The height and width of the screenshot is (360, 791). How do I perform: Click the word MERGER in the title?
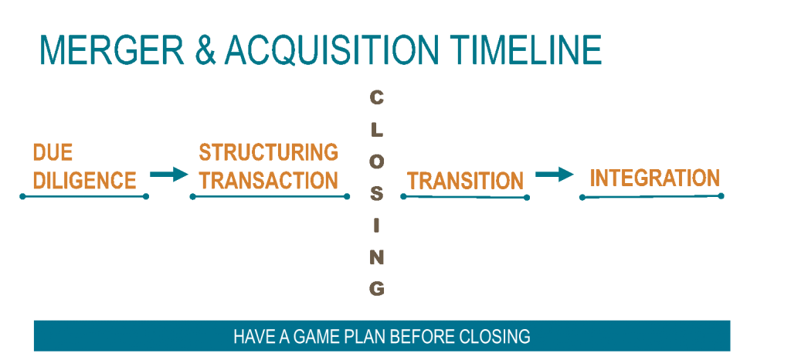pos(112,49)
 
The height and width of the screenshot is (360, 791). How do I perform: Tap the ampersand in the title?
pos(205,50)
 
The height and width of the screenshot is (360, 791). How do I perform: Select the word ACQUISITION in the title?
pos(332,50)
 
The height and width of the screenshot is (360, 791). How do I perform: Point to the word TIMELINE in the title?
pos(525,49)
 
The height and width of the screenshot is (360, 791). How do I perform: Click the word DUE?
pos(53,152)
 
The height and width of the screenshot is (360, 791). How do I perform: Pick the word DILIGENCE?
pos(85,180)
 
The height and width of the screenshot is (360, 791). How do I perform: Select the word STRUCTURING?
pos(268,151)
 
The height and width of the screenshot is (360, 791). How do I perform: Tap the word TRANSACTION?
pos(268,180)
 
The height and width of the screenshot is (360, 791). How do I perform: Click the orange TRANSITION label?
pos(465,181)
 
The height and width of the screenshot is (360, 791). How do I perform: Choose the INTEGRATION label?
pos(655,178)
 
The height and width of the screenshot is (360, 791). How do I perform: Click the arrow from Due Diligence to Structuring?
pos(169,175)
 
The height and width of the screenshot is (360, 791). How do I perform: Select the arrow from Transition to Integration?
pos(555,175)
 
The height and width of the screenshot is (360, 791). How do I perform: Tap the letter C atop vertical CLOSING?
pos(376,98)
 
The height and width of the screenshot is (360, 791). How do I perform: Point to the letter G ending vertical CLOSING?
pos(377,289)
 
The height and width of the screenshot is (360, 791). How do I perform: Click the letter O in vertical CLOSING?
pos(377,162)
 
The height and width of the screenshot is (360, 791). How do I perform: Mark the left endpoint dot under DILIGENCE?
pos(22,196)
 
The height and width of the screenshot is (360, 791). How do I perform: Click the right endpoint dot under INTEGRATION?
pos(721,195)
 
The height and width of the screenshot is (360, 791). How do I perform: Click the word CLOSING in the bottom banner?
pos(495,336)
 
